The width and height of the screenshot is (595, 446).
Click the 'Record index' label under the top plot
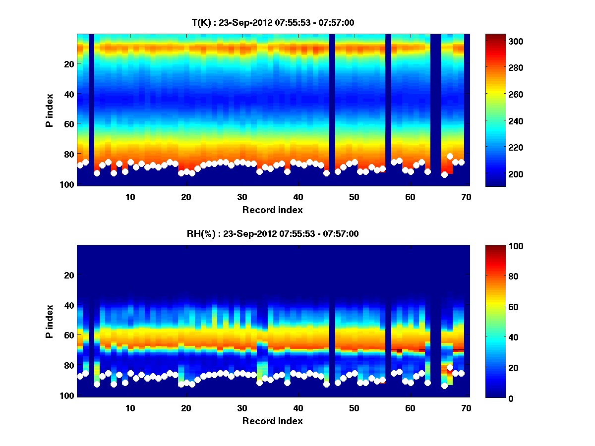tap(272, 210)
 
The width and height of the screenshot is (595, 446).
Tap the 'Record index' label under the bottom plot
tap(272, 421)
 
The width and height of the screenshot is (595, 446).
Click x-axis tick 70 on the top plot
tap(466, 197)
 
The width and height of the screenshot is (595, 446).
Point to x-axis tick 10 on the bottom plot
tap(130, 408)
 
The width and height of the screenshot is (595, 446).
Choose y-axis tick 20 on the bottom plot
tap(69, 275)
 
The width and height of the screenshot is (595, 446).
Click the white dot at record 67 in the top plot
tap(450, 157)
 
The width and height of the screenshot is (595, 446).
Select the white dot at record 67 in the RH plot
tap(450, 367)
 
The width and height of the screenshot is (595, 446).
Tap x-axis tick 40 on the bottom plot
tap(298, 408)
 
